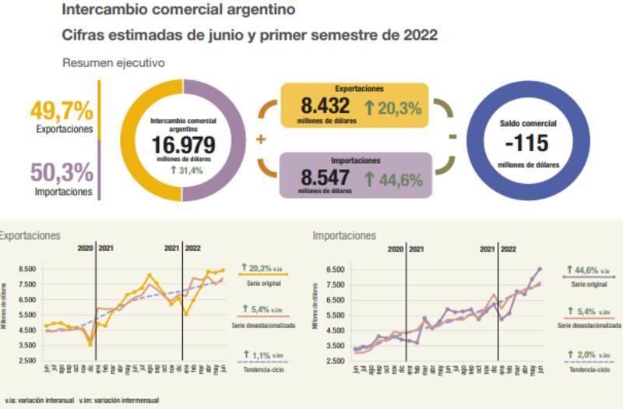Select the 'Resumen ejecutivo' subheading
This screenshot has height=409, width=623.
(x=113, y=63)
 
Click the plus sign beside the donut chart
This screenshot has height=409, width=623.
(x=260, y=140)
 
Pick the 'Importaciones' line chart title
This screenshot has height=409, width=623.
(x=343, y=234)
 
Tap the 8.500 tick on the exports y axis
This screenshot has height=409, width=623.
(x=26, y=270)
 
